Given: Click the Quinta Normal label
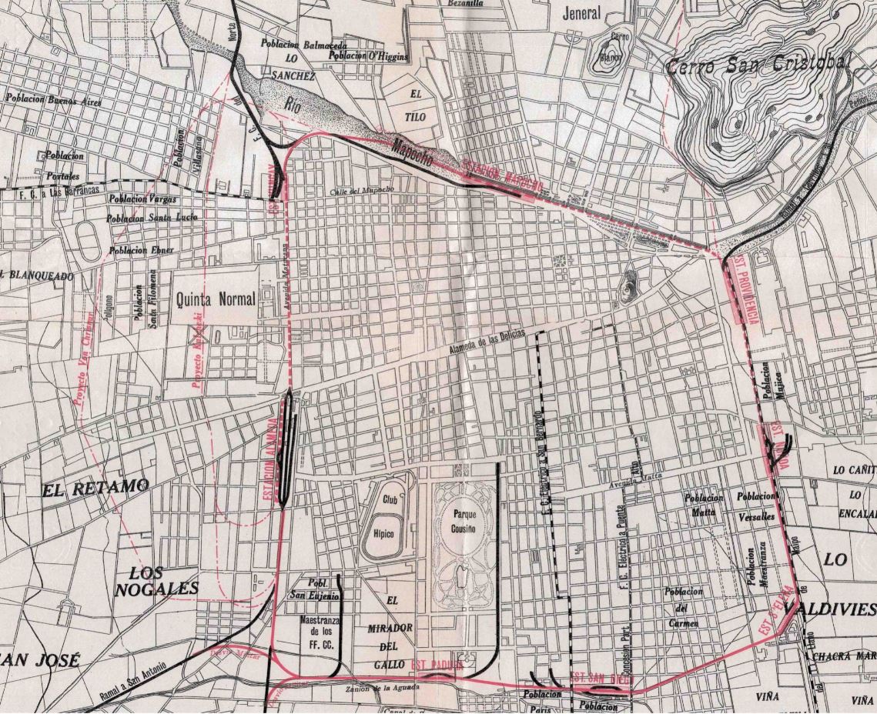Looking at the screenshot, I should point(215,299).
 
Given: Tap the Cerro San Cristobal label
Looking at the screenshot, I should point(758,66).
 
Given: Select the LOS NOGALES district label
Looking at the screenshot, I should point(156,582).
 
